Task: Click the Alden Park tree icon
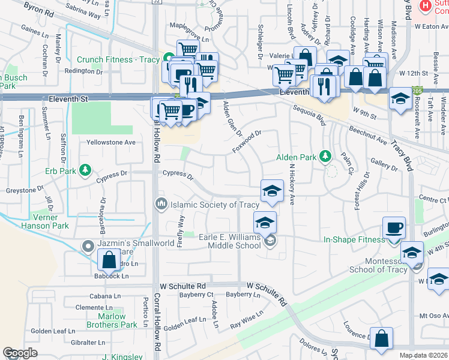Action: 325,157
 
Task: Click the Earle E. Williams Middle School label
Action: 230,241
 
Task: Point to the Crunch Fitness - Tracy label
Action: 118,60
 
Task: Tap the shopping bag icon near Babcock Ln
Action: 109,260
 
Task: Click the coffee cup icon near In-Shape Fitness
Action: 394,227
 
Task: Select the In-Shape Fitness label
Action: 354,240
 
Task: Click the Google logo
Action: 20,353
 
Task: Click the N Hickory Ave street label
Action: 292,181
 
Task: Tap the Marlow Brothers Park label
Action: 111,320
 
